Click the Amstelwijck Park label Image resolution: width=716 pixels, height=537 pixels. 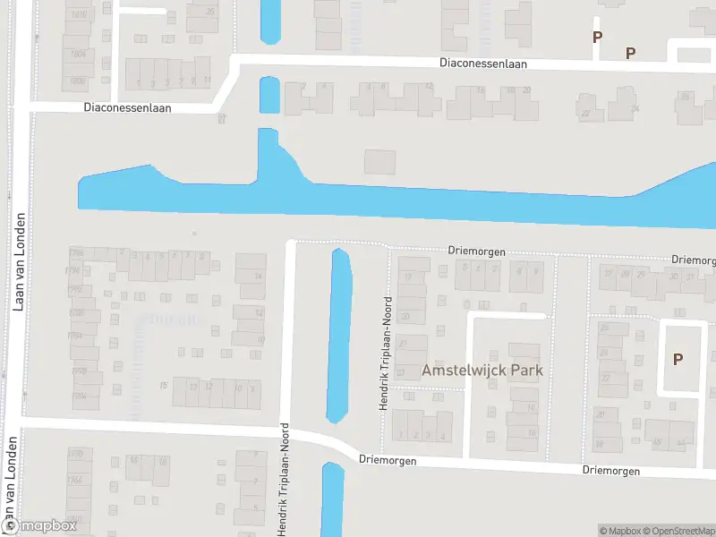point(483,370)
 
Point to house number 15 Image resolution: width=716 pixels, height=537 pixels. point(164,386)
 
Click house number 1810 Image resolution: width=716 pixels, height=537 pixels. point(79,15)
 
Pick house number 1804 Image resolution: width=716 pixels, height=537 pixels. point(79,54)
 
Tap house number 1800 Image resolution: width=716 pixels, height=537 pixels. point(79,81)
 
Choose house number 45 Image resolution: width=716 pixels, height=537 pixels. point(656,442)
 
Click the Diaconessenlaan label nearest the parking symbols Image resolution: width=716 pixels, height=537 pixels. point(483,64)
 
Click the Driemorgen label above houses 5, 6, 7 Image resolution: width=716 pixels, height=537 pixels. point(477,252)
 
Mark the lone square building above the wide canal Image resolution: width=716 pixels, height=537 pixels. point(379,162)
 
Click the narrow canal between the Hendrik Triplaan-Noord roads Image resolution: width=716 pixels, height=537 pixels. point(341,336)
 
